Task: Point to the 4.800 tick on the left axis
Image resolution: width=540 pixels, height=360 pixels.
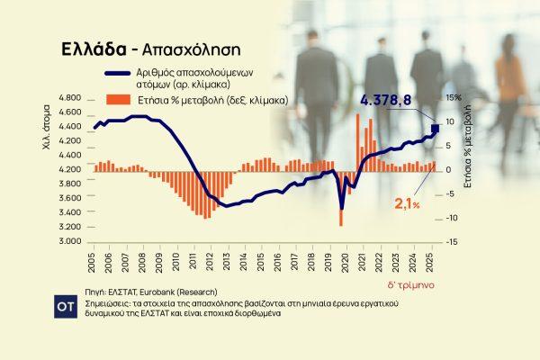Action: point(69,97)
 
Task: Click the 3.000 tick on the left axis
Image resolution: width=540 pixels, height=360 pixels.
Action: point(69,241)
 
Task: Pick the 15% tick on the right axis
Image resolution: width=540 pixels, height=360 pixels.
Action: point(452,97)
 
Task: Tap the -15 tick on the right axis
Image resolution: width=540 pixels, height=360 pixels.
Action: point(451,241)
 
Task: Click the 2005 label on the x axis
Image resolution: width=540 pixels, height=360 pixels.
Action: point(92,263)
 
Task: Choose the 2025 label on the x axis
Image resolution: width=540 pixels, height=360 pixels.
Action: point(433,263)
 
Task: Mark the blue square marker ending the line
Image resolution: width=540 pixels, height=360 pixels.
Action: point(436,130)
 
